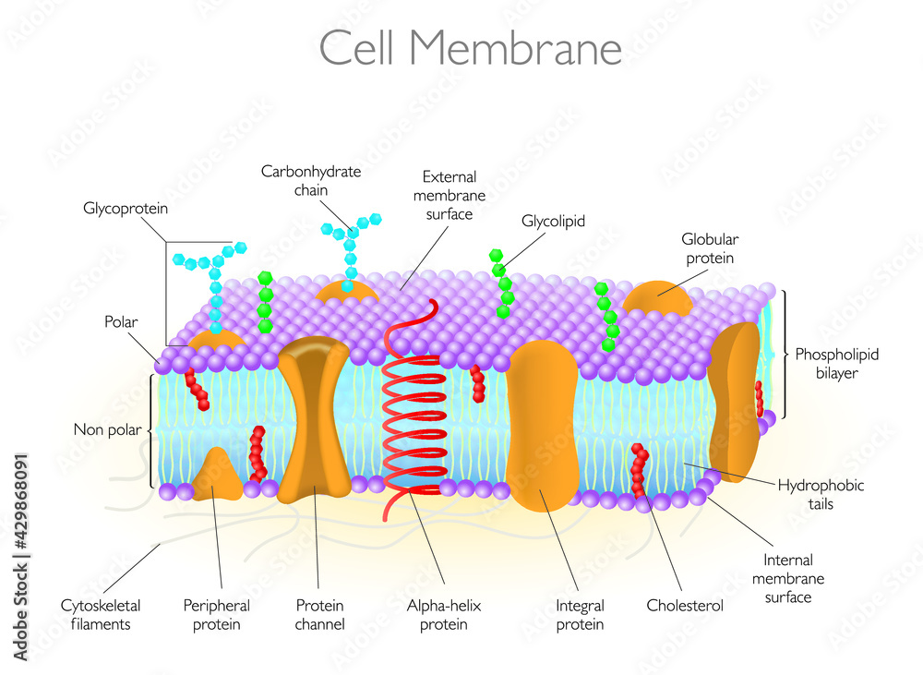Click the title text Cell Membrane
pos(470,47)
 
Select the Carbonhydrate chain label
pos(311,180)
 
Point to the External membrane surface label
pos(450,195)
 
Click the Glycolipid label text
pos(554,222)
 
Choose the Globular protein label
pos(710,248)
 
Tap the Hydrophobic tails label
pos(821,494)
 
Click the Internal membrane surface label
pos(787,578)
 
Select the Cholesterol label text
pos(685,606)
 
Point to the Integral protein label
pos(580,615)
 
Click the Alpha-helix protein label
pos(445,615)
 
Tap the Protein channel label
pos(320,615)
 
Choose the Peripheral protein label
pos(217,615)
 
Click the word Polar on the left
pos(121,322)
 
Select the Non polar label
pos(108,429)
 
